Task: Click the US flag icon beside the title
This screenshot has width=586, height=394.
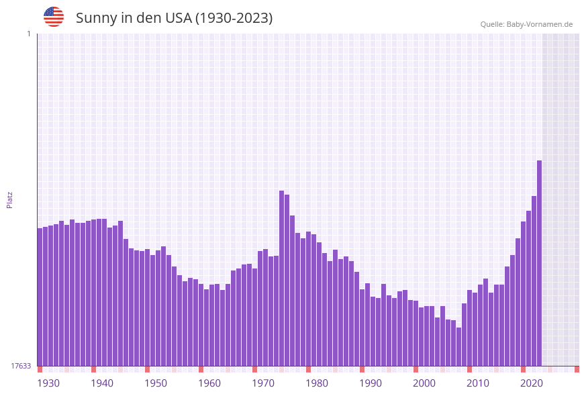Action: coord(54,17)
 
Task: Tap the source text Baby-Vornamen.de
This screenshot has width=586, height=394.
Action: coord(539,24)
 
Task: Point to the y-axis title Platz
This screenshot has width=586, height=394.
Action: coord(9,199)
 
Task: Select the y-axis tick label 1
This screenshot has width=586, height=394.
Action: coord(29,34)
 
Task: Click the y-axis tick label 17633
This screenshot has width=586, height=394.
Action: coord(21,366)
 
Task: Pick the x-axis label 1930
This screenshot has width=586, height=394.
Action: coord(48,383)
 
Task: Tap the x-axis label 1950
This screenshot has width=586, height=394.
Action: coord(156,383)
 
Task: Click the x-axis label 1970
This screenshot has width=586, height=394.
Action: coord(263,383)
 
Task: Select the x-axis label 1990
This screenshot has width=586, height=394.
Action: coord(371,383)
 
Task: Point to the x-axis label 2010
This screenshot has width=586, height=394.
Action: coord(478,383)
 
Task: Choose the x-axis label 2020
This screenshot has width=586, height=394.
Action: coord(532,383)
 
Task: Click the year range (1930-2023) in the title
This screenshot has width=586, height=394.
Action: coord(234,18)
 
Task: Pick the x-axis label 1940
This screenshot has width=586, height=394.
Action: coord(102,383)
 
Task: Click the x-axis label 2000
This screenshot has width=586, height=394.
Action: coord(424,383)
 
